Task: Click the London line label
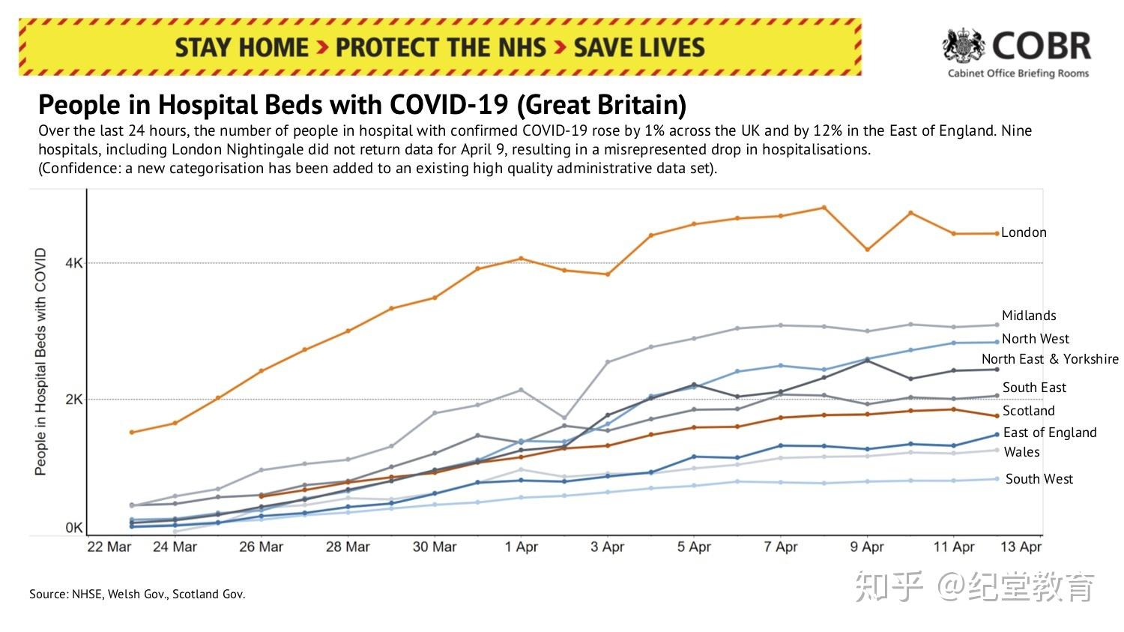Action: (1024, 232)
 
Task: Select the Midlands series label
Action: (1029, 316)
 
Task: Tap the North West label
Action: (1036, 339)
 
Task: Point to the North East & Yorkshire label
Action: (1050, 359)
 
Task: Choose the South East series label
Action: (1034, 388)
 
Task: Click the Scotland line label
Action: (1028, 411)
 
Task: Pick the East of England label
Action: (1050, 433)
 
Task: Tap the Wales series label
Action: (1021, 452)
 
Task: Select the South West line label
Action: (1039, 479)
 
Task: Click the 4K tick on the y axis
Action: (74, 263)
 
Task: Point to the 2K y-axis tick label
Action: (74, 400)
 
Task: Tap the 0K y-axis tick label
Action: (74, 528)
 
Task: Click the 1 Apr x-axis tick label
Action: (522, 547)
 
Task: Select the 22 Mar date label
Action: (109, 547)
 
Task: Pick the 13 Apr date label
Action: (1021, 547)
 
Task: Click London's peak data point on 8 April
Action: (824, 208)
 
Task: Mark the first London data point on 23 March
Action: (132, 432)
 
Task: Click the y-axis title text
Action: (40, 361)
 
